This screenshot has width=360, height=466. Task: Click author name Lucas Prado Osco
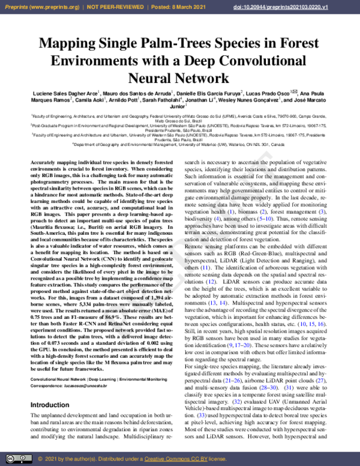coord(273,95)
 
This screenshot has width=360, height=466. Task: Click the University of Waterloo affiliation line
coord(180,144)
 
